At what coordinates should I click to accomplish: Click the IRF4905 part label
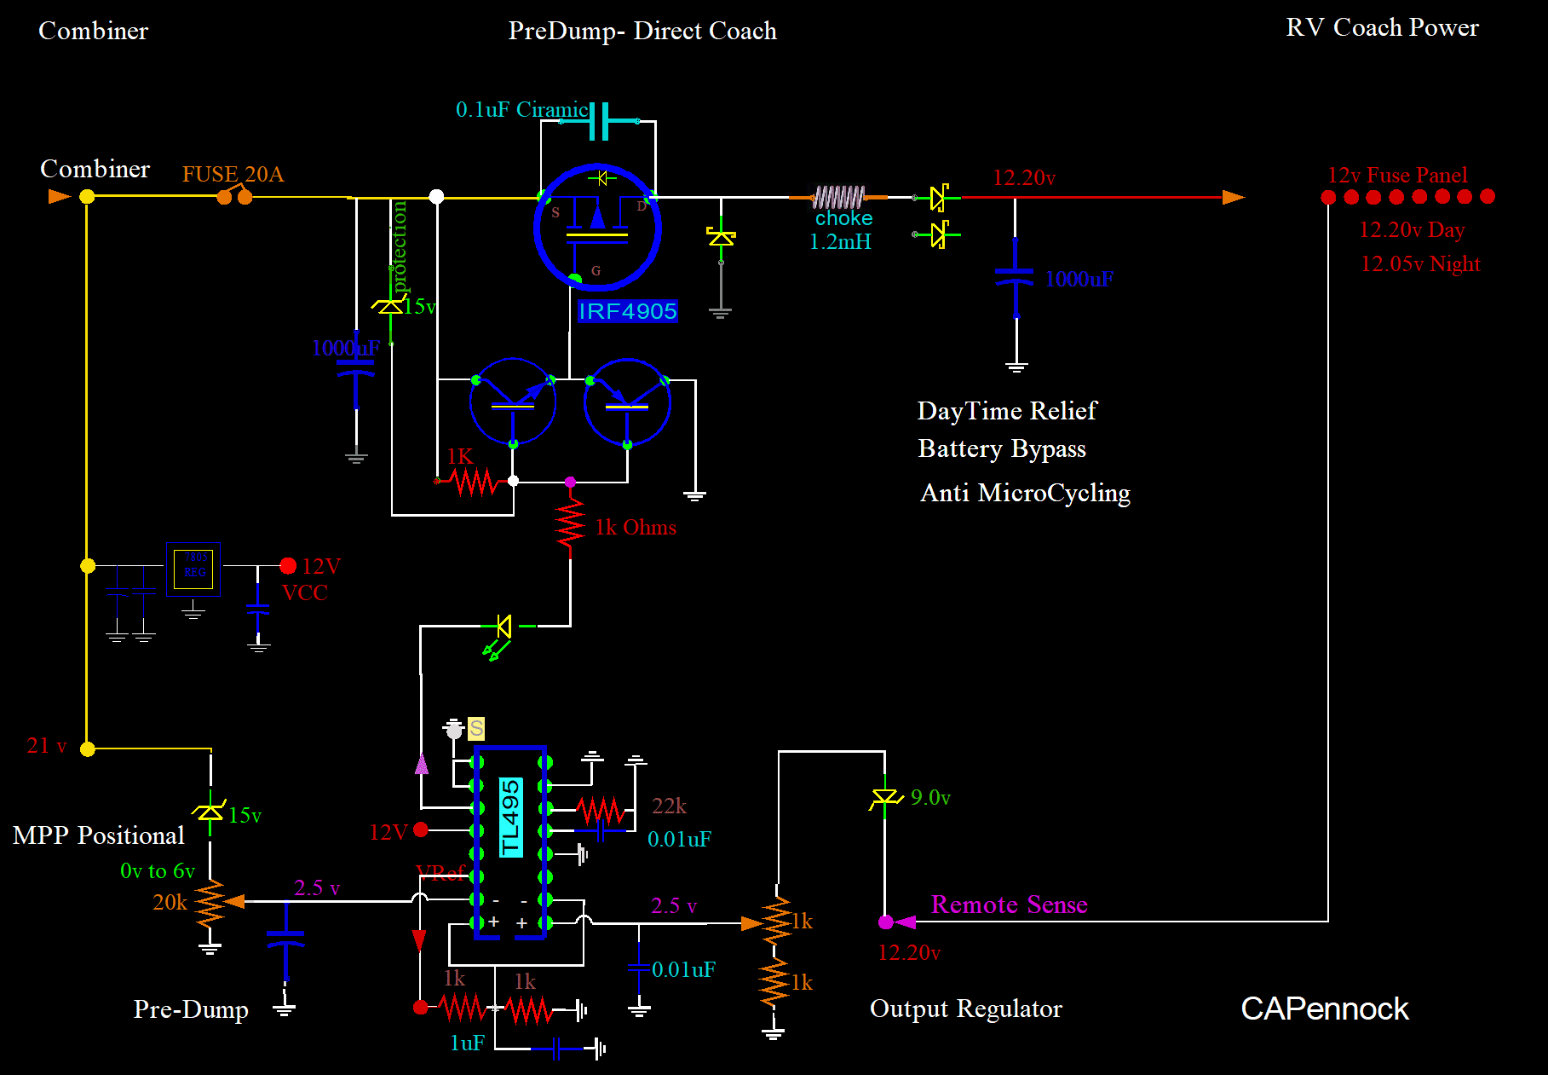click(627, 311)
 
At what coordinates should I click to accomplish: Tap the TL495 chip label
click(510, 817)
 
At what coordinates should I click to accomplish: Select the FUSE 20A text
click(233, 174)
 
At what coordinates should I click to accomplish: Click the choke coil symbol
click(838, 198)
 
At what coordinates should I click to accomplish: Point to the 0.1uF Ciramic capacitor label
click(521, 110)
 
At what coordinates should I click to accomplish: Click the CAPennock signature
click(1324, 1009)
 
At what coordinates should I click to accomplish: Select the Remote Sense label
click(1009, 905)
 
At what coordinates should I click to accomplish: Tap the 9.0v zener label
click(930, 797)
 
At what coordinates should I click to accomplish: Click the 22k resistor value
click(669, 806)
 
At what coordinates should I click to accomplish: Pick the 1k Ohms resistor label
click(636, 528)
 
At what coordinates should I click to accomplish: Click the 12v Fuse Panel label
click(1397, 175)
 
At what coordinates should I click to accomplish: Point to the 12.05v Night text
click(1420, 263)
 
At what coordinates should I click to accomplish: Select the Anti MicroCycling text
click(1025, 493)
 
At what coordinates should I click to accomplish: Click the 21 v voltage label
click(46, 746)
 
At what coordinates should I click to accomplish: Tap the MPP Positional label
click(99, 835)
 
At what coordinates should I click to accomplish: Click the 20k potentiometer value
click(170, 902)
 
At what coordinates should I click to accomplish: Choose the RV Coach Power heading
click(1382, 27)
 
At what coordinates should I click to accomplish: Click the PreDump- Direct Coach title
click(642, 31)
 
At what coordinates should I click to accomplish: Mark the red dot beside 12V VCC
click(288, 566)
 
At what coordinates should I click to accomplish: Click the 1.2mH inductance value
click(840, 242)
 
